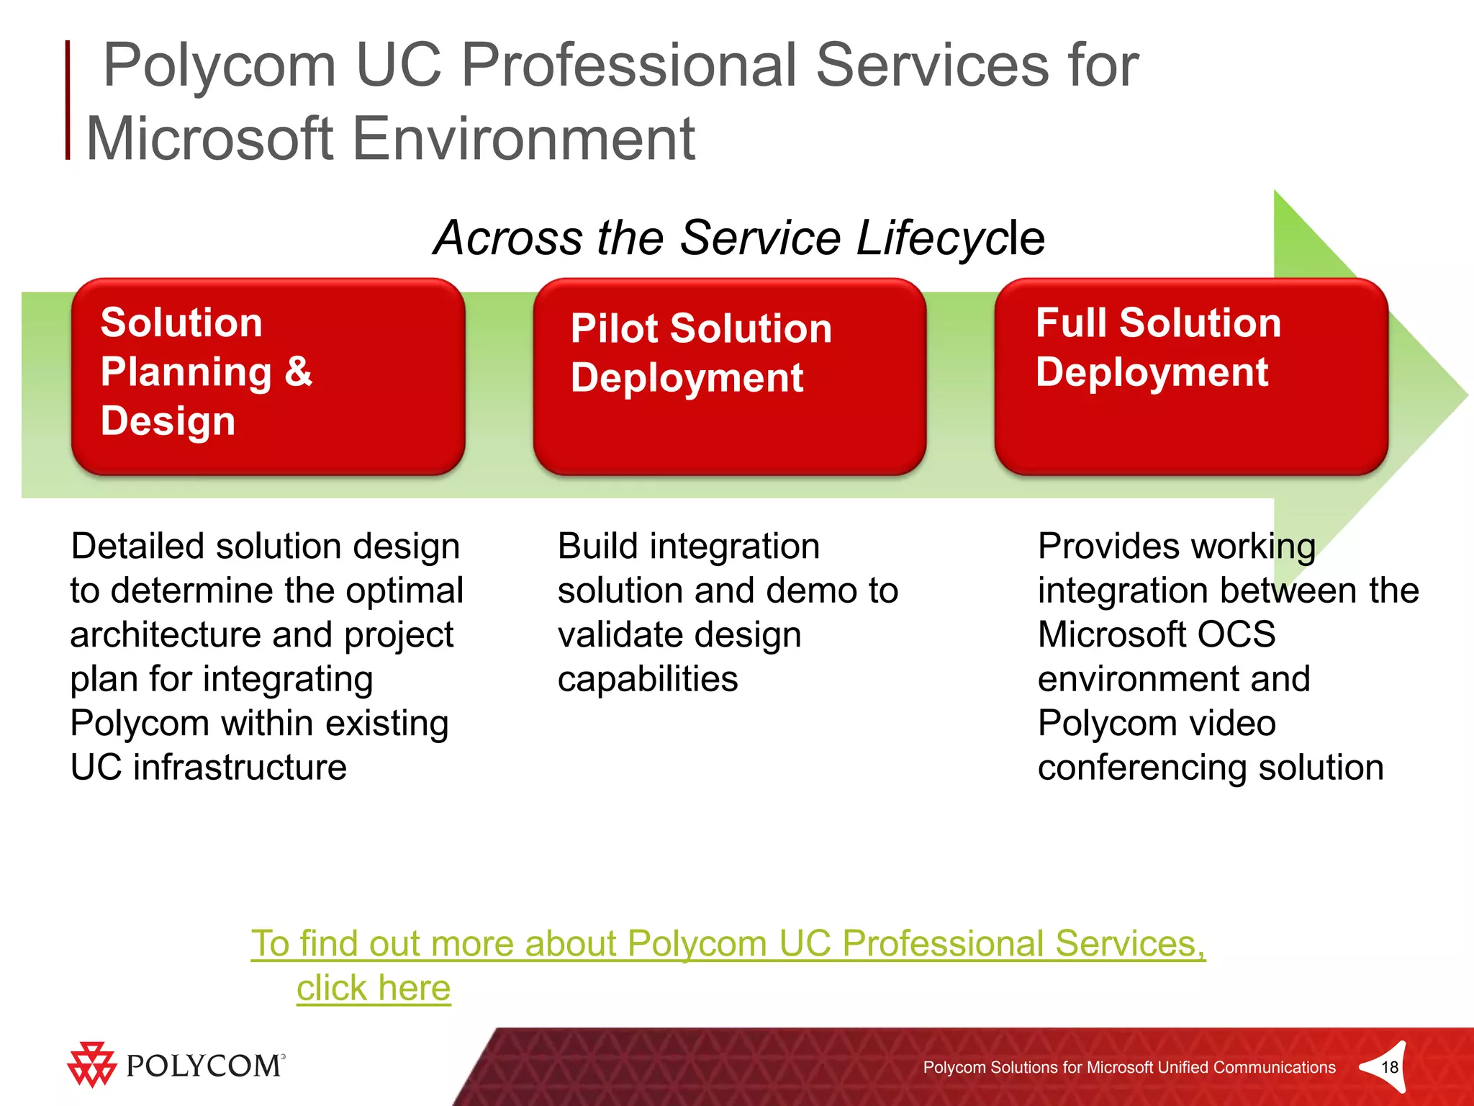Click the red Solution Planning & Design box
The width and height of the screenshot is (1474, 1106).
tap(268, 376)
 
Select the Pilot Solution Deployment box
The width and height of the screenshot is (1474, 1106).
tap(729, 376)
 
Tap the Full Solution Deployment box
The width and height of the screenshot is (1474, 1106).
tap(1190, 376)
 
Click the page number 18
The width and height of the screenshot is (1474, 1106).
tap(1390, 1067)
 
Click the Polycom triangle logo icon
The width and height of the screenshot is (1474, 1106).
tap(91, 1064)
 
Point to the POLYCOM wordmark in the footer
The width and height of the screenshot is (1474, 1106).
tap(204, 1066)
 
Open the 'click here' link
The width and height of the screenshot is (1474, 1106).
tap(374, 988)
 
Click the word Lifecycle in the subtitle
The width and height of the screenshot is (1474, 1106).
tap(950, 238)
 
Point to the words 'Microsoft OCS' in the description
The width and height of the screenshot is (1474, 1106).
tap(1156, 635)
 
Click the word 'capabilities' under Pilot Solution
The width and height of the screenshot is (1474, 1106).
tap(648, 679)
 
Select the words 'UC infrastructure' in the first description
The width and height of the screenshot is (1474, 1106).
tap(209, 768)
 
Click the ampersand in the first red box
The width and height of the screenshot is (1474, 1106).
tap(298, 372)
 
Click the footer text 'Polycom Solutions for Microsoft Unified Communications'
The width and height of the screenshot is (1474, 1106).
tap(1129, 1067)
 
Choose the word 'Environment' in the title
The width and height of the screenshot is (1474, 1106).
tap(523, 138)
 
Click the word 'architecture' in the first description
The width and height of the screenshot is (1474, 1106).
tap(165, 635)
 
